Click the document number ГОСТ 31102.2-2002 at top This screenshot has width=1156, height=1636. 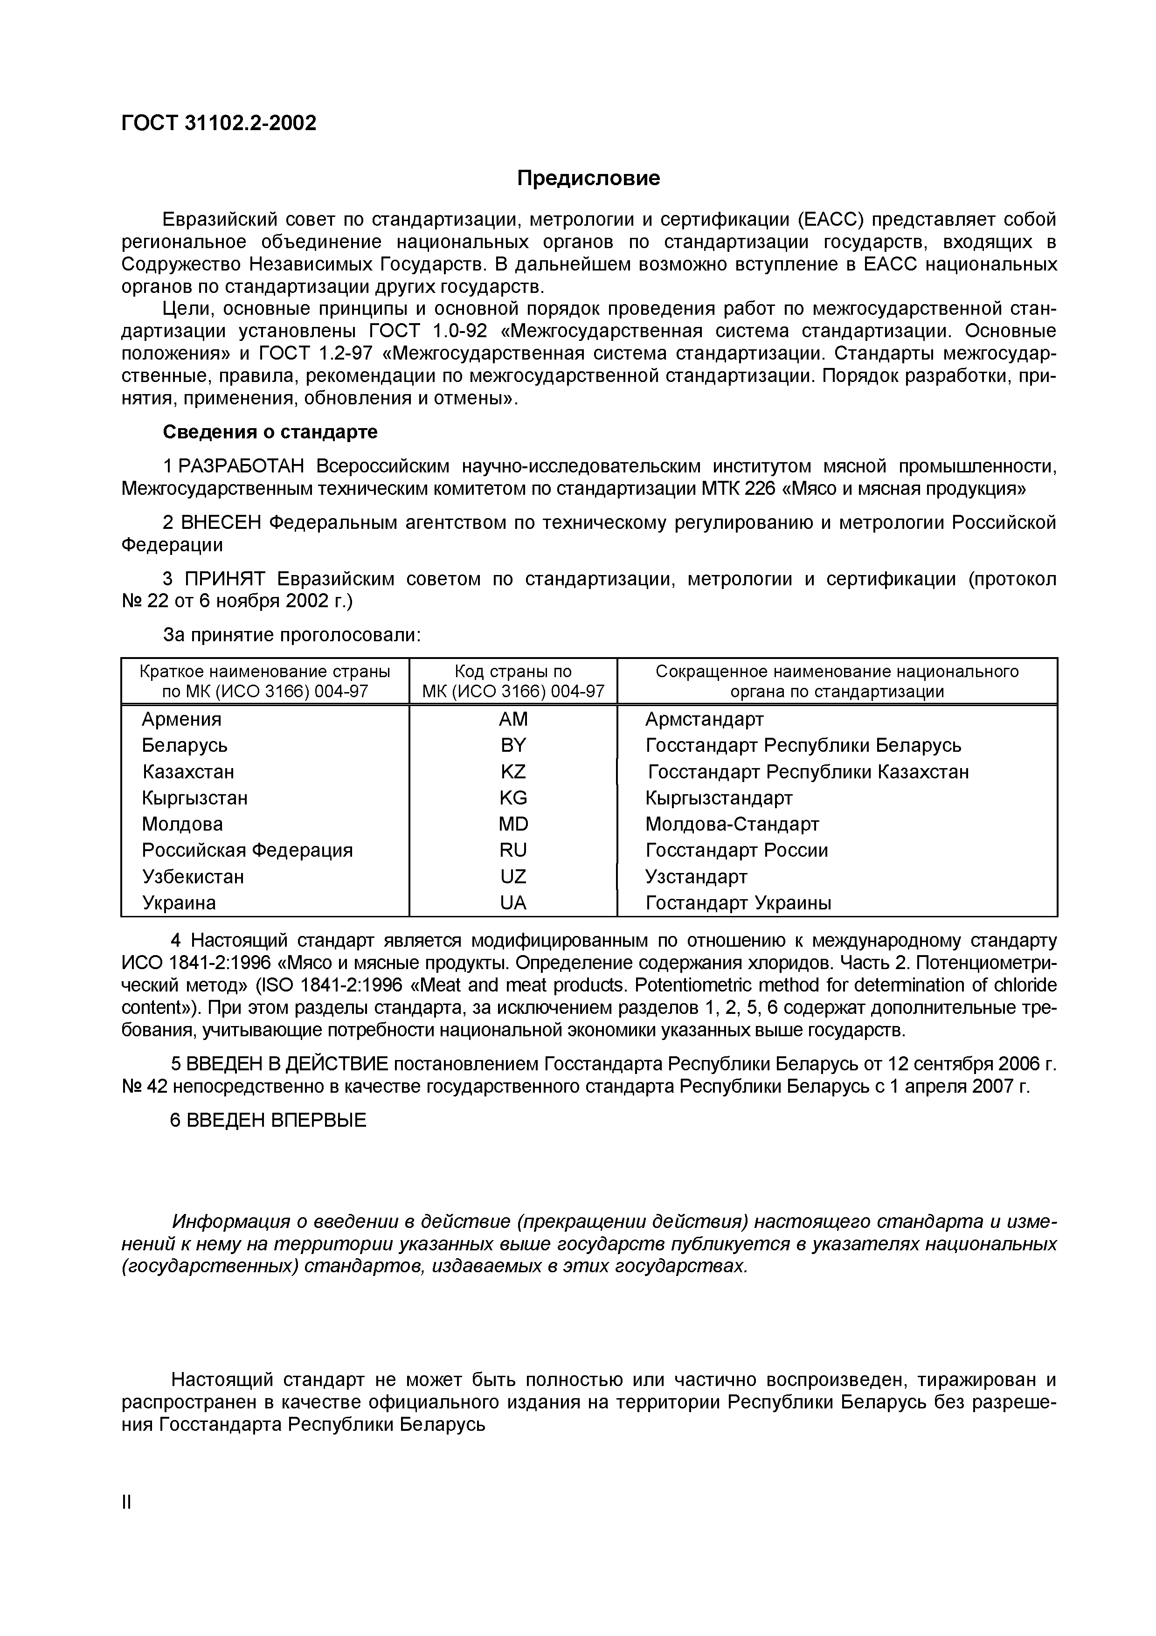pyautogui.click(x=219, y=123)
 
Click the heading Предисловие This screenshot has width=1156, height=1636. pyautogui.click(x=588, y=178)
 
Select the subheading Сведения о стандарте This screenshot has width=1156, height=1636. pyautogui.click(x=270, y=432)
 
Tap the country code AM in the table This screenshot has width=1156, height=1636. pyautogui.click(x=513, y=719)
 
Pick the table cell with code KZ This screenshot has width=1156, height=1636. pyautogui.click(x=513, y=772)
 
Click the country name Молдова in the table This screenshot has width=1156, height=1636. pyautogui.click(x=182, y=825)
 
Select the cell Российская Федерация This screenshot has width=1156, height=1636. pyautogui.click(x=247, y=850)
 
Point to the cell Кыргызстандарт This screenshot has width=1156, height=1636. pyautogui.click(x=719, y=798)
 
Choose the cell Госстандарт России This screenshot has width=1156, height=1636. pyautogui.click(x=736, y=850)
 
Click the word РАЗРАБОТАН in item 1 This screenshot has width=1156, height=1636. pyautogui.click(x=242, y=467)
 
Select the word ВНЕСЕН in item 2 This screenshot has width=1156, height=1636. pyautogui.click(x=222, y=523)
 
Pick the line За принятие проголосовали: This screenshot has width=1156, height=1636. pyautogui.click(x=292, y=635)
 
